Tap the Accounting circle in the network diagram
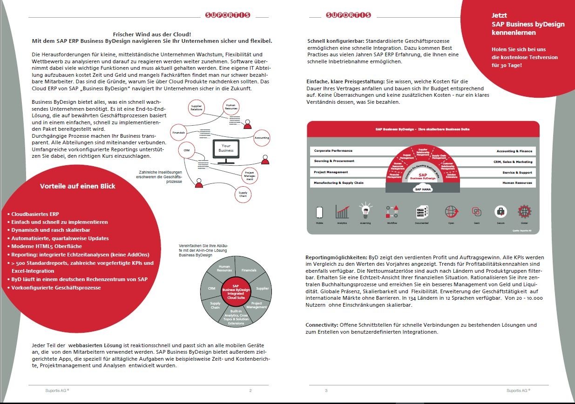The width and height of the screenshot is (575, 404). click(x=261, y=138)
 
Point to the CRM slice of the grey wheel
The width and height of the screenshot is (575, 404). click(x=212, y=289)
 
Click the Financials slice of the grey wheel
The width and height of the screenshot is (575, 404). click(x=249, y=270)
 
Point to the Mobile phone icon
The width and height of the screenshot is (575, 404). click(x=319, y=212)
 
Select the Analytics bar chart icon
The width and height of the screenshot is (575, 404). click(x=342, y=212)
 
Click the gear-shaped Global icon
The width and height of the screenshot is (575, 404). click(x=524, y=211)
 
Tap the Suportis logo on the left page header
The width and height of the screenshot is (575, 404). click(x=228, y=15)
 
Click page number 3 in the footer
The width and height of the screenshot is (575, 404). click(x=326, y=391)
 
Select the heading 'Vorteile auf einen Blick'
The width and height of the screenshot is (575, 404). click(x=78, y=186)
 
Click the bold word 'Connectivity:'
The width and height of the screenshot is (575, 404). click(x=322, y=325)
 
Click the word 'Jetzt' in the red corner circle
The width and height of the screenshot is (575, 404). click(x=500, y=15)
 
